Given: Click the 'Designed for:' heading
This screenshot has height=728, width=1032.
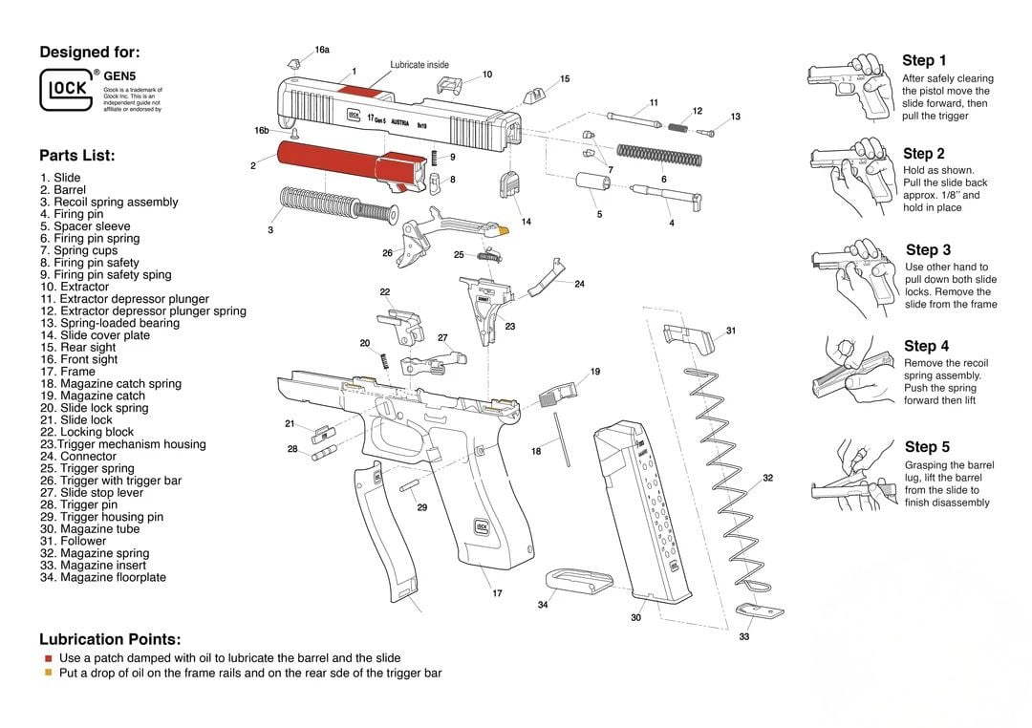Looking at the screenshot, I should [x=89, y=53].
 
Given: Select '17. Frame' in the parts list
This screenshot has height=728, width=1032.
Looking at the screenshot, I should [x=68, y=372].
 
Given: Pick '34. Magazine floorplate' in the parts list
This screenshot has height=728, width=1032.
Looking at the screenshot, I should [x=103, y=577].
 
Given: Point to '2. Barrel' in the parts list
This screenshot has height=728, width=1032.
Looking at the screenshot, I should [x=63, y=190].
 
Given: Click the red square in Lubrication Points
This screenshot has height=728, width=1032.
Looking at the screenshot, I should [x=48, y=658].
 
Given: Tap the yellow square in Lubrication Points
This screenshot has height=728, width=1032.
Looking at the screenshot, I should [x=48, y=673].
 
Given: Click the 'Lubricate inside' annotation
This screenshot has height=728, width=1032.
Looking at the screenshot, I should [x=419, y=65].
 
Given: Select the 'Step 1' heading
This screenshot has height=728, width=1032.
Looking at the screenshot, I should [x=924, y=60].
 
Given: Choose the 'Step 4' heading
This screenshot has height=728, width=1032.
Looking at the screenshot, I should [x=926, y=346].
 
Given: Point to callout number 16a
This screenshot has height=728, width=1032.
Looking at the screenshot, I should [x=322, y=50].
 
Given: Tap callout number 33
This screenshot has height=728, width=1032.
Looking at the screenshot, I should [x=744, y=636].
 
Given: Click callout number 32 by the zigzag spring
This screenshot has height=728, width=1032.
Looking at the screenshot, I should [x=767, y=478].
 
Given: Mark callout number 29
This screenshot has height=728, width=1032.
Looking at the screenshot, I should [x=421, y=507].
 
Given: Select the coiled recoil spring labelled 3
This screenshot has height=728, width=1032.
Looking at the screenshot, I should [x=334, y=204].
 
